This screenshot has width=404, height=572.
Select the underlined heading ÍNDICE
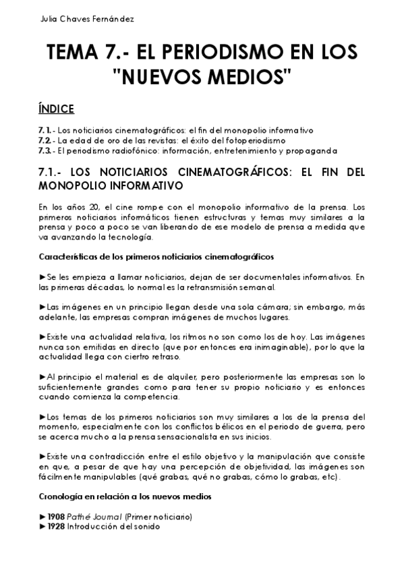click(x=56, y=109)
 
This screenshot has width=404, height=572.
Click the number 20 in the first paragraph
click(x=88, y=206)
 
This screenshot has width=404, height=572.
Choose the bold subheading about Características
click(x=156, y=256)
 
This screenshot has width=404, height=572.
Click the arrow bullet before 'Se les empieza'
click(x=42, y=277)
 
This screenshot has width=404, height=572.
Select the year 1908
click(x=56, y=517)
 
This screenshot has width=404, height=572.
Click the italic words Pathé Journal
click(x=94, y=517)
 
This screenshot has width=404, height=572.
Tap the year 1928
click(x=56, y=527)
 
